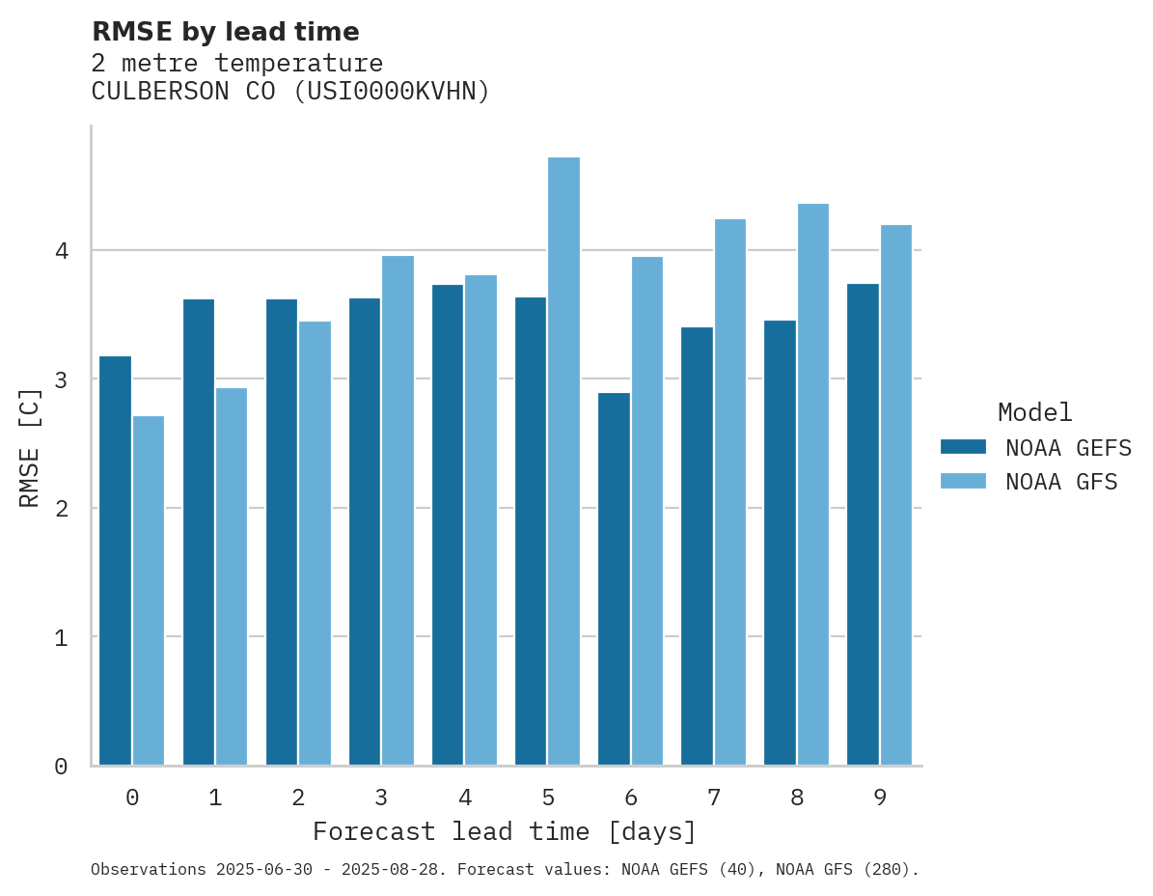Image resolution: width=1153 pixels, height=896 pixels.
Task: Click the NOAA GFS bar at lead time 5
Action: tap(563, 462)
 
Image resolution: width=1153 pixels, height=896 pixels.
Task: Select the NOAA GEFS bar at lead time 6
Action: tap(614, 579)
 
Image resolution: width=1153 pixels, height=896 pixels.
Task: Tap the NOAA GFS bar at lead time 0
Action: tap(149, 591)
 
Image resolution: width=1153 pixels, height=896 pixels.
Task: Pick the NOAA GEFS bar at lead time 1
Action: tap(198, 532)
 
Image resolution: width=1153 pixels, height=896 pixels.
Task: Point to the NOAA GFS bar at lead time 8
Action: tap(812, 485)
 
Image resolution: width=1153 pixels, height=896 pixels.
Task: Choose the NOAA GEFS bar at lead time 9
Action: tap(863, 524)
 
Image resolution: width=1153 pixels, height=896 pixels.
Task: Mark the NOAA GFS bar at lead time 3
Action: tap(398, 511)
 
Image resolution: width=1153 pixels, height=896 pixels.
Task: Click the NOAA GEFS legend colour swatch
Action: tap(963, 447)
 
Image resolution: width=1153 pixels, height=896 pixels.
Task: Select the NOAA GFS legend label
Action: tap(1061, 482)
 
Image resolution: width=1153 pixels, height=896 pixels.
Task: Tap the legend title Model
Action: tap(1034, 412)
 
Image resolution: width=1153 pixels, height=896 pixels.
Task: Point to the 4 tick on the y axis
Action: tap(61, 251)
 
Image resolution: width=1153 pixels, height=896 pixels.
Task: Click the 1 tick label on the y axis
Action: tap(61, 637)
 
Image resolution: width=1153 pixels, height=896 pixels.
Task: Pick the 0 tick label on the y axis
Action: tap(61, 767)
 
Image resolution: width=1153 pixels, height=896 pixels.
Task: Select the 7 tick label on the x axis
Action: tap(714, 798)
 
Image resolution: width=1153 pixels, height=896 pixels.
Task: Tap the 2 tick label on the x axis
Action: tap(298, 798)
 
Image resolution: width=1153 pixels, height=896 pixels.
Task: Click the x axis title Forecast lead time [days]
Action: tap(504, 831)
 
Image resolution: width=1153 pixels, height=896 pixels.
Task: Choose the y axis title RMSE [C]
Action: tap(31, 447)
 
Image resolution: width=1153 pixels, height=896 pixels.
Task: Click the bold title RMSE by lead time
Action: tap(225, 32)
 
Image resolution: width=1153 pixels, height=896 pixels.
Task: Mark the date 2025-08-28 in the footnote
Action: tap(395, 870)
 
